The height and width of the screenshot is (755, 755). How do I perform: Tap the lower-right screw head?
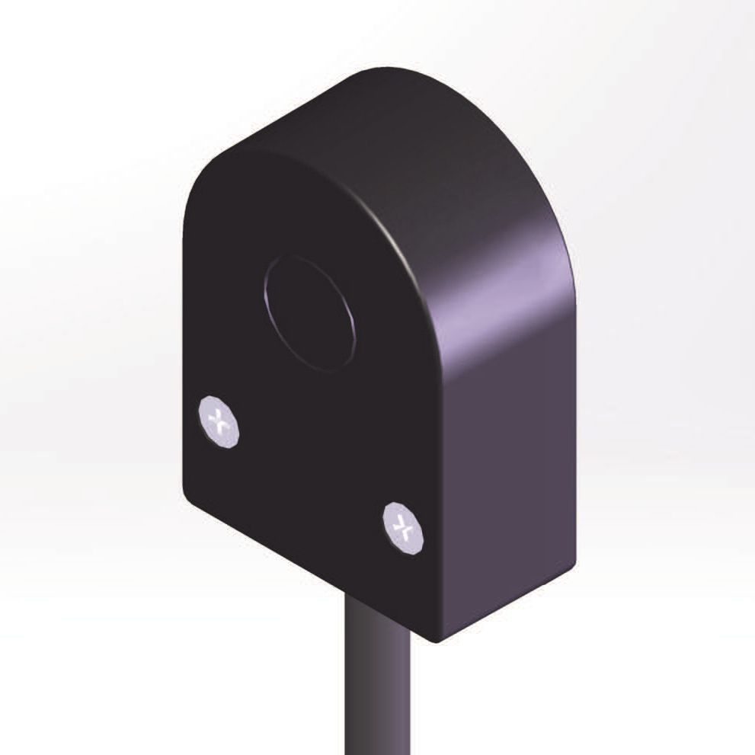[404, 526]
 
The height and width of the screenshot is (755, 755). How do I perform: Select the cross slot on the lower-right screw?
[404, 525]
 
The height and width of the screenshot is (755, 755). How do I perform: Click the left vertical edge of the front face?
[184, 343]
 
